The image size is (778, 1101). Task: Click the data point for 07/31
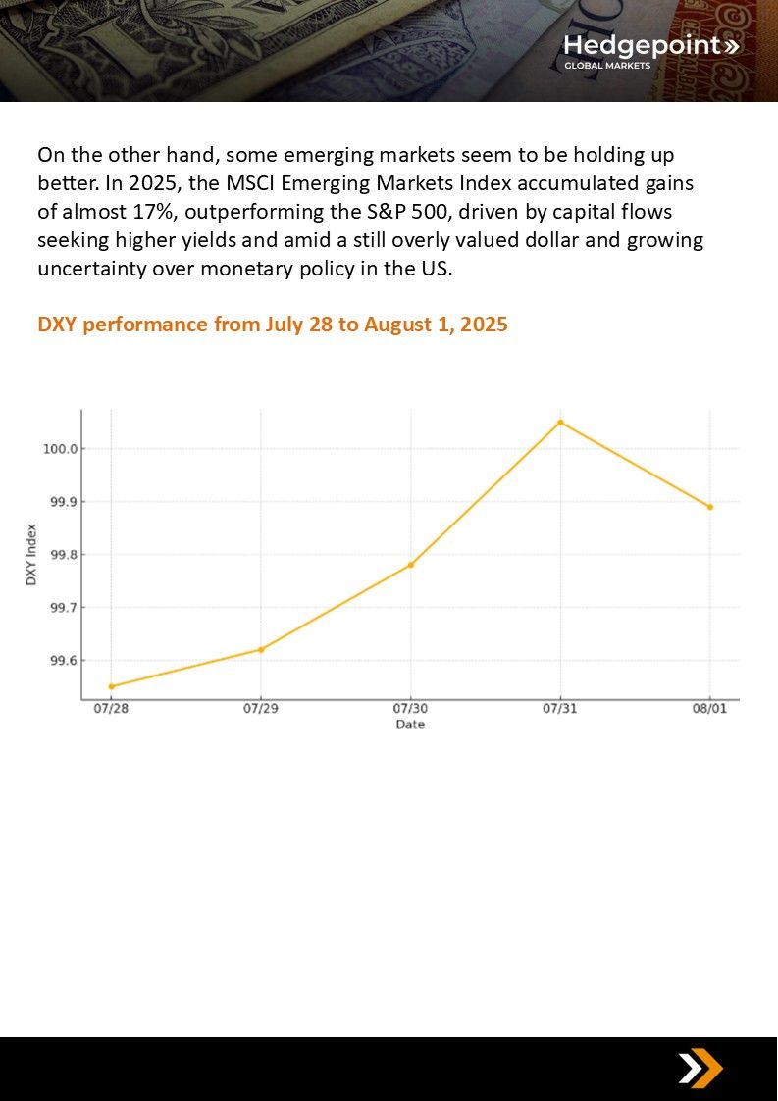click(560, 423)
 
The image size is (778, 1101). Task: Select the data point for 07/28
click(111, 686)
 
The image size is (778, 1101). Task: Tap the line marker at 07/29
click(261, 649)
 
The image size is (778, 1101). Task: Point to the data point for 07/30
click(411, 565)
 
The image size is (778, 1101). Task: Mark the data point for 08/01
click(710, 507)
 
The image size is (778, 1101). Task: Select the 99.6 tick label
click(62, 661)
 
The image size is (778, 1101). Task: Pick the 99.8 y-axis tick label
click(62, 555)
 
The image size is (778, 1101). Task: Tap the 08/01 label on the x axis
click(710, 709)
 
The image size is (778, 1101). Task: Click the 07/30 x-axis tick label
click(410, 709)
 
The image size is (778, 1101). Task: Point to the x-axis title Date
click(410, 725)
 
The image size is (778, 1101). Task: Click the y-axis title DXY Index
click(30, 555)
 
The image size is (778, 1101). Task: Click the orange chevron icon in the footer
click(700, 1069)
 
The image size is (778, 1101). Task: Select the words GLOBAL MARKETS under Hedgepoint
click(606, 66)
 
